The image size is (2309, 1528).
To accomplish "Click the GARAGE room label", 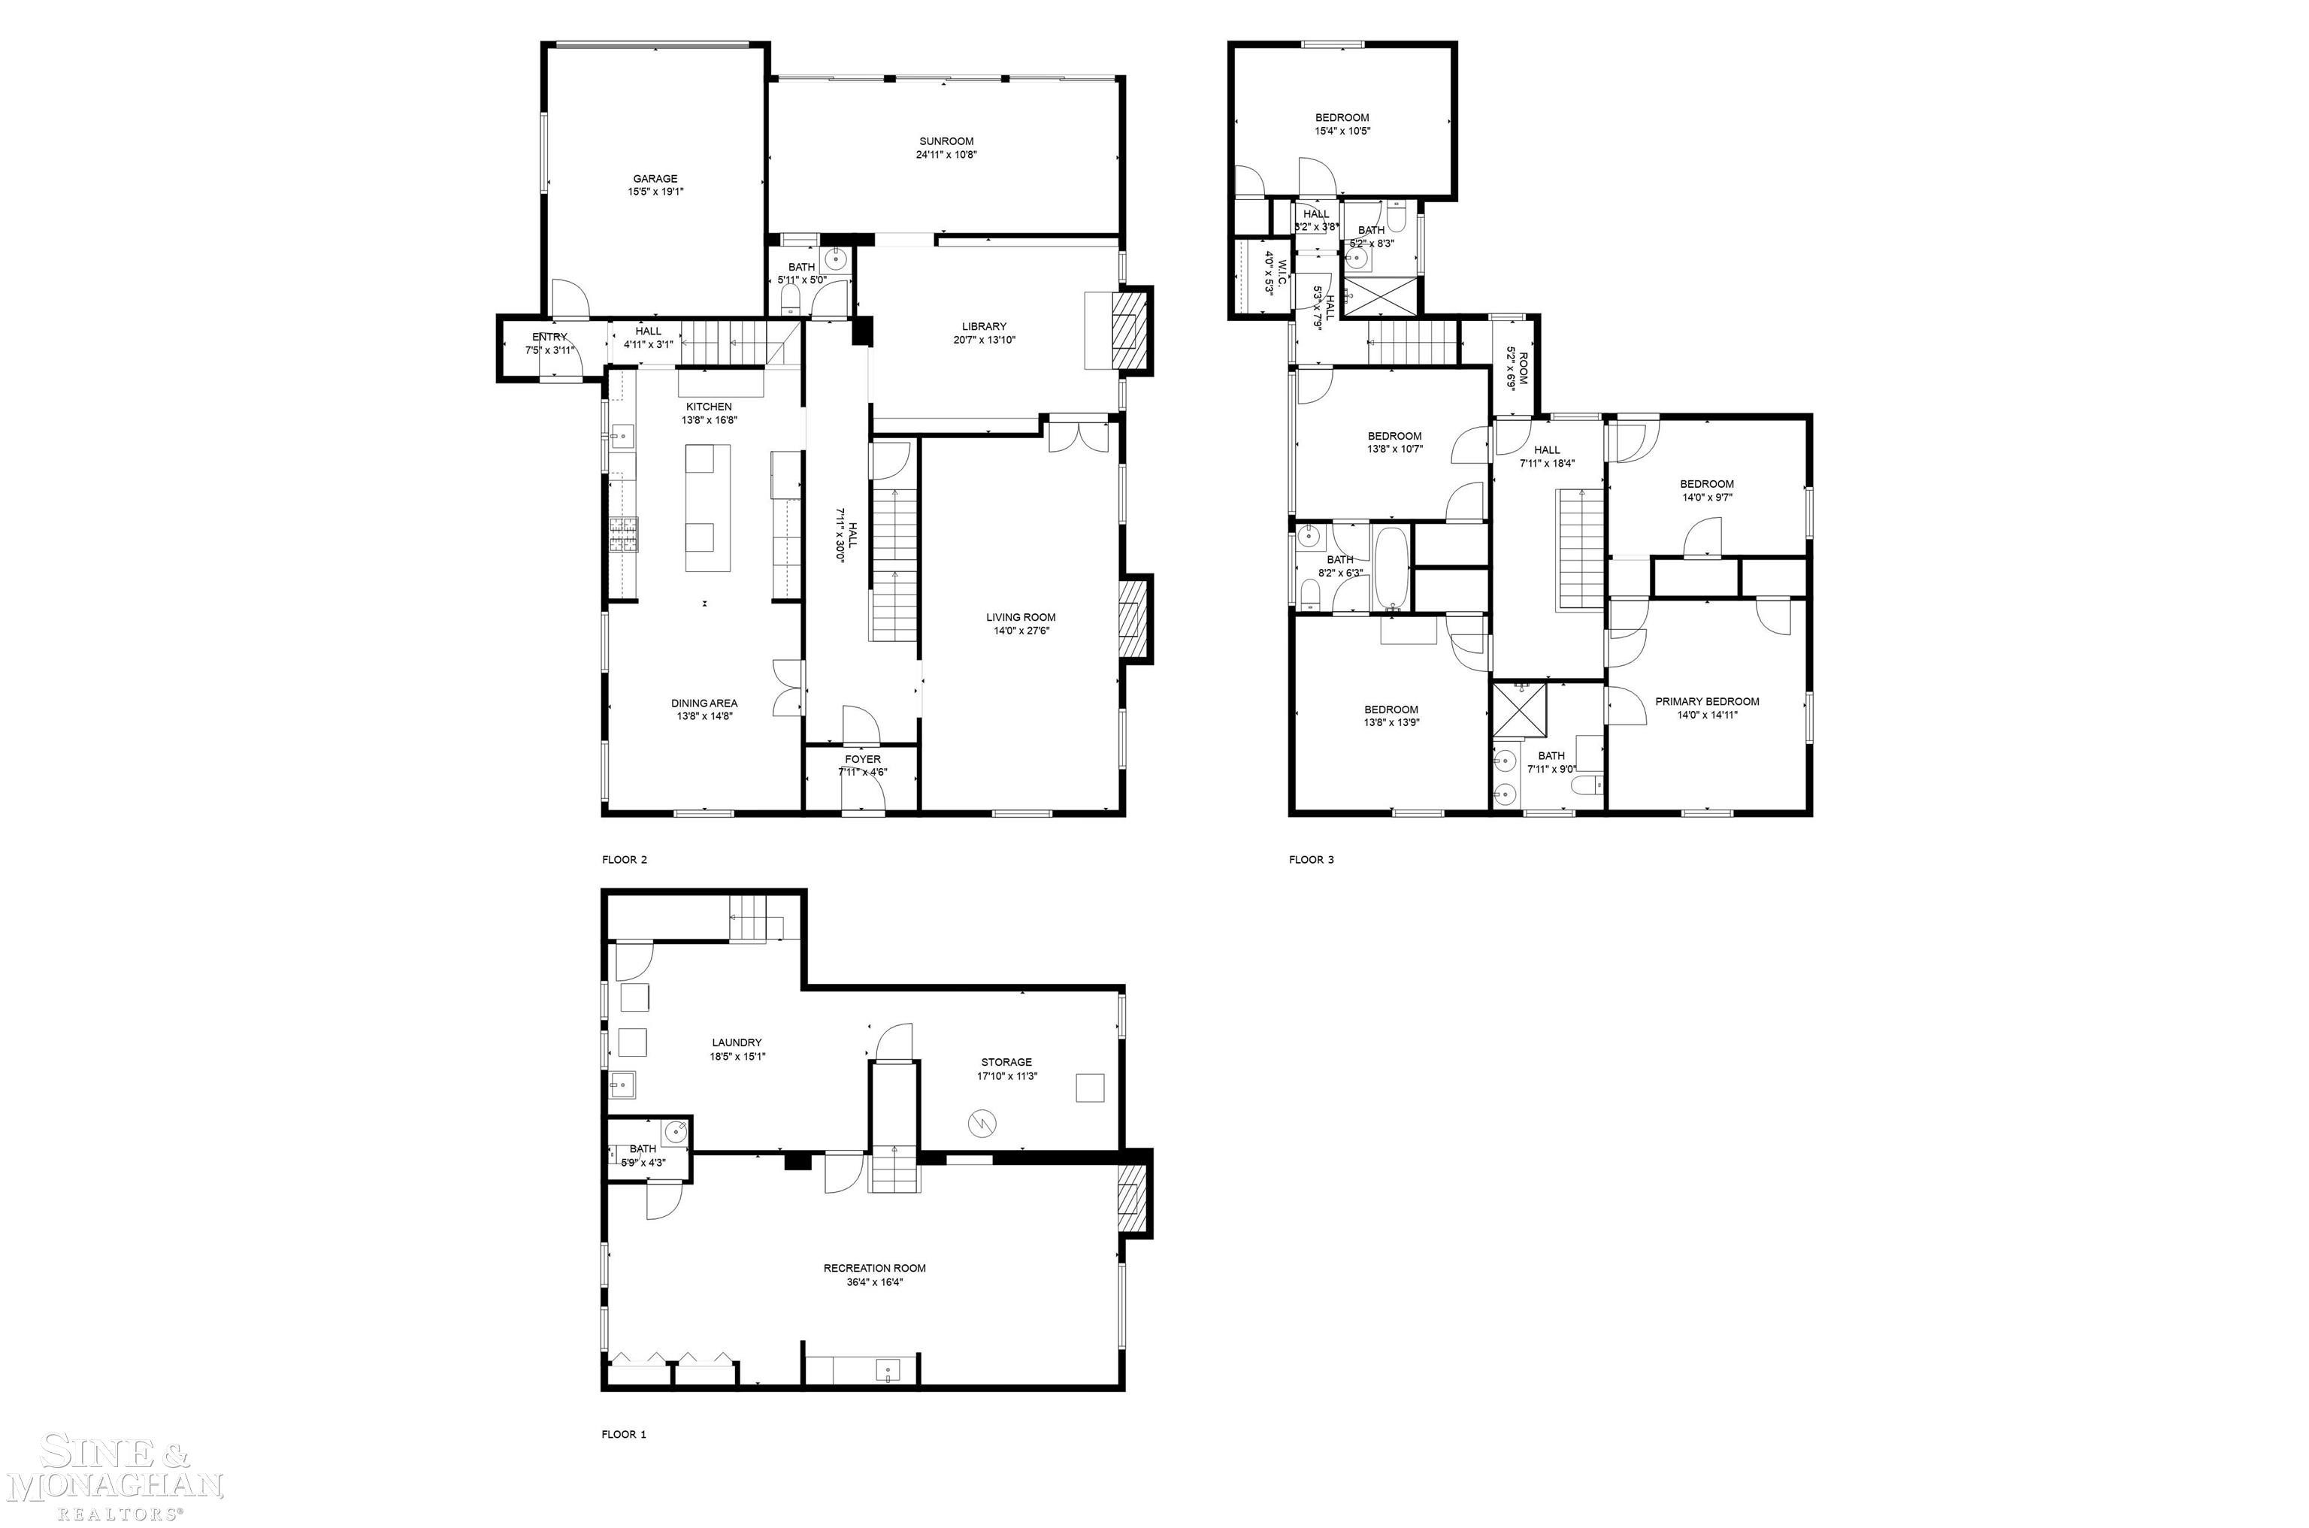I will tap(655, 178).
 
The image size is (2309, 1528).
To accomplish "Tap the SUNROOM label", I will tap(946, 141).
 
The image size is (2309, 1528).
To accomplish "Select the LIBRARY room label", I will tap(984, 326).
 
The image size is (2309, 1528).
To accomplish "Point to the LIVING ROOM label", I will tap(1020, 617).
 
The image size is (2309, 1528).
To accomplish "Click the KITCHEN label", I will tap(708, 407).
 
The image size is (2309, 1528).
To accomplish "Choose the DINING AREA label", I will tap(704, 703).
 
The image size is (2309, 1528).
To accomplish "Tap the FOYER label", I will tap(862, 759).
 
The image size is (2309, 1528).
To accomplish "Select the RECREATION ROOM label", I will tap(874, 1268).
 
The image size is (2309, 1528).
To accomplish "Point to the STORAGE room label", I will tap(1006, 1062).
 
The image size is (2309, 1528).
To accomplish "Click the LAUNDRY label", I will tap(737, 1042).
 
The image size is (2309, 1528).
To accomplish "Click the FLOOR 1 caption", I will tap(624, 1435).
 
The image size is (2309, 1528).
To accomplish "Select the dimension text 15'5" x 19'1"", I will tap(655, 192).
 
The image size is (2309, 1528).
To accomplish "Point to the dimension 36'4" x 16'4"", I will tap(874, 1282).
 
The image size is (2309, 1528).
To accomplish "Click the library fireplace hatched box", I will tap(1132, 331).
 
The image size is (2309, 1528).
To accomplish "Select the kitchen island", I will tap(707, 508).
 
